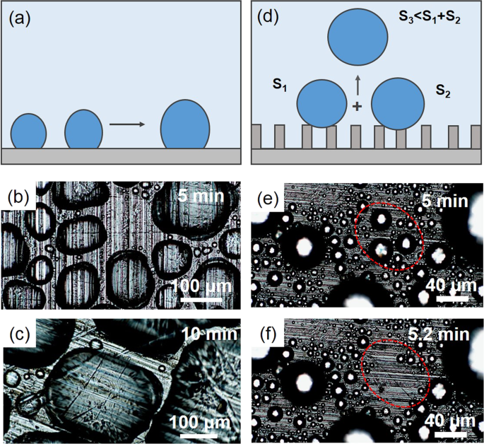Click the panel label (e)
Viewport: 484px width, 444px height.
268,197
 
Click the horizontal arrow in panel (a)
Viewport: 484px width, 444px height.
127,125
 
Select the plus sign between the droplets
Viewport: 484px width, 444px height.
357,107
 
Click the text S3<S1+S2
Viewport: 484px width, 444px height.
434,21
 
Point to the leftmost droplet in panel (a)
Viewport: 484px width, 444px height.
29,132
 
